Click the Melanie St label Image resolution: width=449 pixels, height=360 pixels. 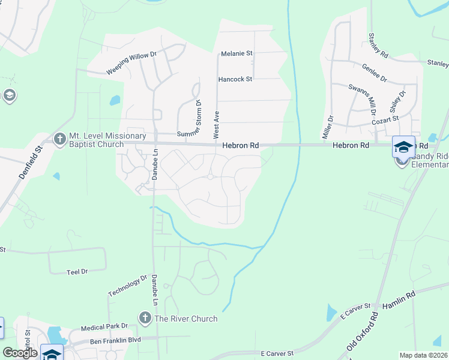click(237, 53)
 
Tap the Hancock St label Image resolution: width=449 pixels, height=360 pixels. click(235, 79)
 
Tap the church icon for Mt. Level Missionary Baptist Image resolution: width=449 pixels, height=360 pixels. click(59, 139)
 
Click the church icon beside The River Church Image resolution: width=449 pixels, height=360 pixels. click(144, 318)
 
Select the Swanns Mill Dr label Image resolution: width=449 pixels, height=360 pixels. click(363, 99)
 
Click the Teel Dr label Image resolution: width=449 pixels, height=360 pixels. click(77, 272)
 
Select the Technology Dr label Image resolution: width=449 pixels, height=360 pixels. click(128, 285)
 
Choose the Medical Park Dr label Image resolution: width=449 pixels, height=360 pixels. click(105, 327)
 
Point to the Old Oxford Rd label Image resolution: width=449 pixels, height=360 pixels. click(363, 332)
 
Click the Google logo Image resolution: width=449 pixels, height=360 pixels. click(20, 353)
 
